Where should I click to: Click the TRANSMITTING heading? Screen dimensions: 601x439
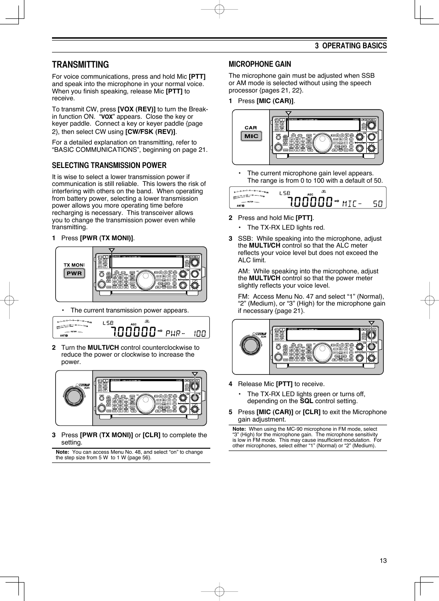(x=81, y=65)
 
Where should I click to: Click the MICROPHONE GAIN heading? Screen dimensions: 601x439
(x=260, y=64)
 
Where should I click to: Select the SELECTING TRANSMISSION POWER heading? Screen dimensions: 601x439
(x=109, y=166)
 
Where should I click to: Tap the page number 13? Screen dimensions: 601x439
(x=383, y=561)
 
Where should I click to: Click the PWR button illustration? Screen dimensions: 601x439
(x=74, y=273)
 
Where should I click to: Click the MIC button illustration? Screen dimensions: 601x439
(x=251, y=136)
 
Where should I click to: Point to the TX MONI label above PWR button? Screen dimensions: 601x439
(x=74, y=265)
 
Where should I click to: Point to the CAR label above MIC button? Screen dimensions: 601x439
(x=251, y=128)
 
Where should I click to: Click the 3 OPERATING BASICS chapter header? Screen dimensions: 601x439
(x=351, y=46)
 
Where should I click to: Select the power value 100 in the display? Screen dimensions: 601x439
(x=200, y=333)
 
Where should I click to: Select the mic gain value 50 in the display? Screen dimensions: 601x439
(x=378, y=203)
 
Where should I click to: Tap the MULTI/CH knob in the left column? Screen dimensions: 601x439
(x=73, y=396)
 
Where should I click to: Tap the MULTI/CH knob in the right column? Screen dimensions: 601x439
(x=250, y=345)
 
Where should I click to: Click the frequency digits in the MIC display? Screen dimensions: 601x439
(x=310, y=202)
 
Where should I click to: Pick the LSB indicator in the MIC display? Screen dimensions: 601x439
(x=285, y=193)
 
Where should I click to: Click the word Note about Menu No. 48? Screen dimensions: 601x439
(x=62, y=452)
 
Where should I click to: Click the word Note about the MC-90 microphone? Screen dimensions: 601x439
(x=239, y=429)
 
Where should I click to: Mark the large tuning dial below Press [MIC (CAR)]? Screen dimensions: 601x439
(x=322, y=143)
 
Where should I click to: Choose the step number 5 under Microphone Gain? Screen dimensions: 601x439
(x=231, y=412)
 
